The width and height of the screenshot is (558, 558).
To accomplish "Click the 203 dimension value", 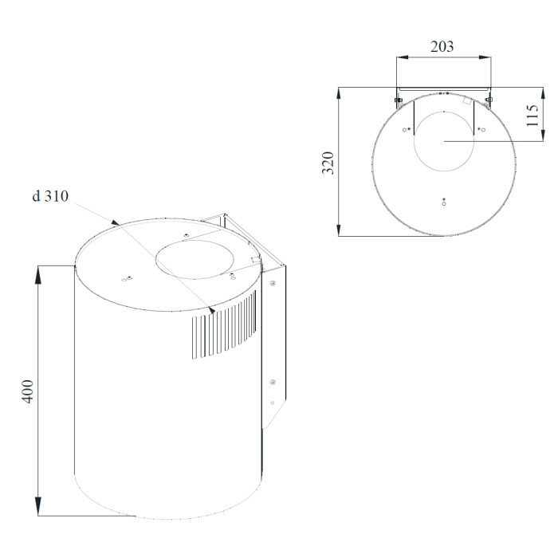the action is (442, 46).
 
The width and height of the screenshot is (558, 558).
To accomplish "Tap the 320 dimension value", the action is (328, 163).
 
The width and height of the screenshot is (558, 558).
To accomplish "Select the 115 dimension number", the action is (532, 115).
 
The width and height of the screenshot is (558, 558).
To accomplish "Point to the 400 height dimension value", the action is (28, 391).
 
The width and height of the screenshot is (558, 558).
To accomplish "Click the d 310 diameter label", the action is (50, 196).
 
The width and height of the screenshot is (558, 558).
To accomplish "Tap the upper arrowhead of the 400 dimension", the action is (38, 274).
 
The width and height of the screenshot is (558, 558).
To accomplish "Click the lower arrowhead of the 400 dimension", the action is (38, 507).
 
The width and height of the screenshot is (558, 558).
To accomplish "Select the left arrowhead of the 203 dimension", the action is (403, 57).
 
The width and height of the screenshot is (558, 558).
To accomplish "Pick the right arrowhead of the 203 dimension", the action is (485, 57).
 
